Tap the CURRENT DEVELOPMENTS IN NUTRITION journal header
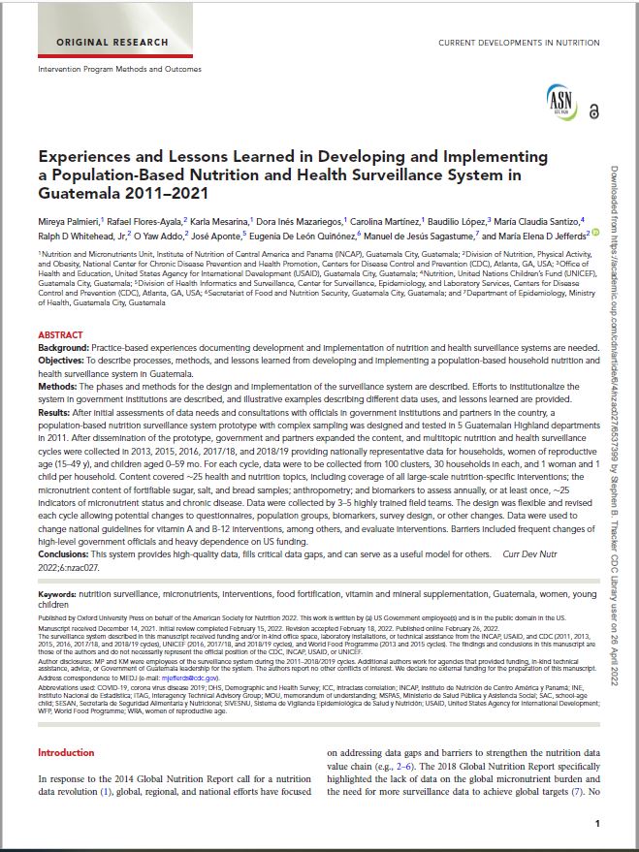[x=521, y=44]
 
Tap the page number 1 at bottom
[x=597, y=823]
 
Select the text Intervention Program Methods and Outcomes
[x=119, y=70]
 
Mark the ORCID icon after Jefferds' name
[x=595, y=234]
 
